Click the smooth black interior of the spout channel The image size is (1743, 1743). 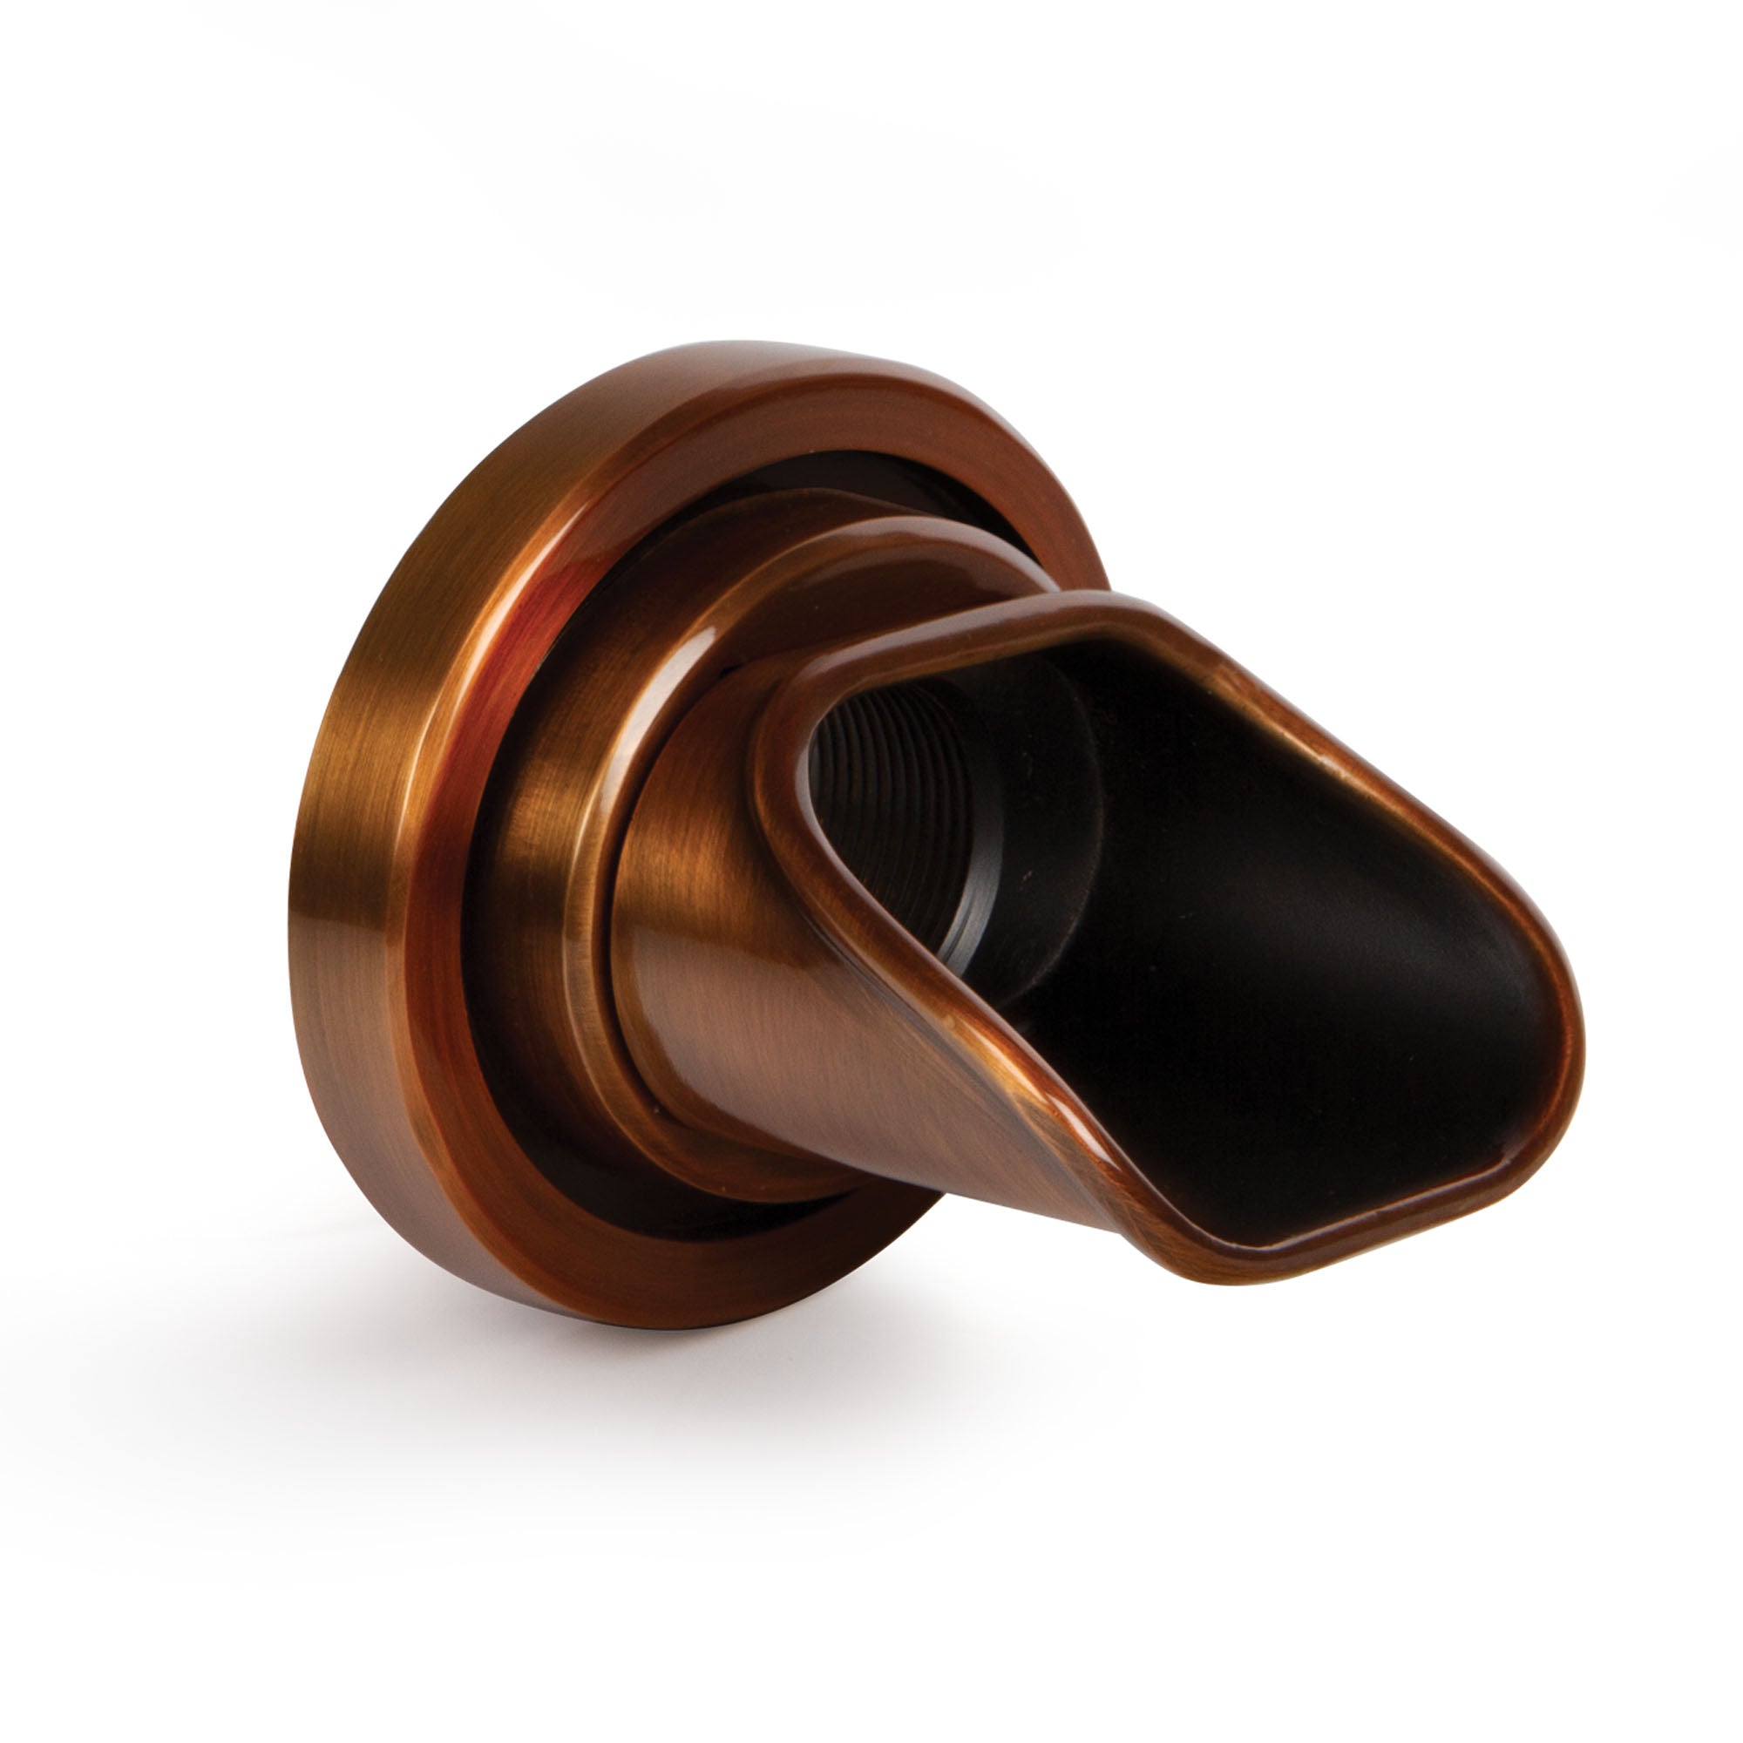(x=1263, y=947)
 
